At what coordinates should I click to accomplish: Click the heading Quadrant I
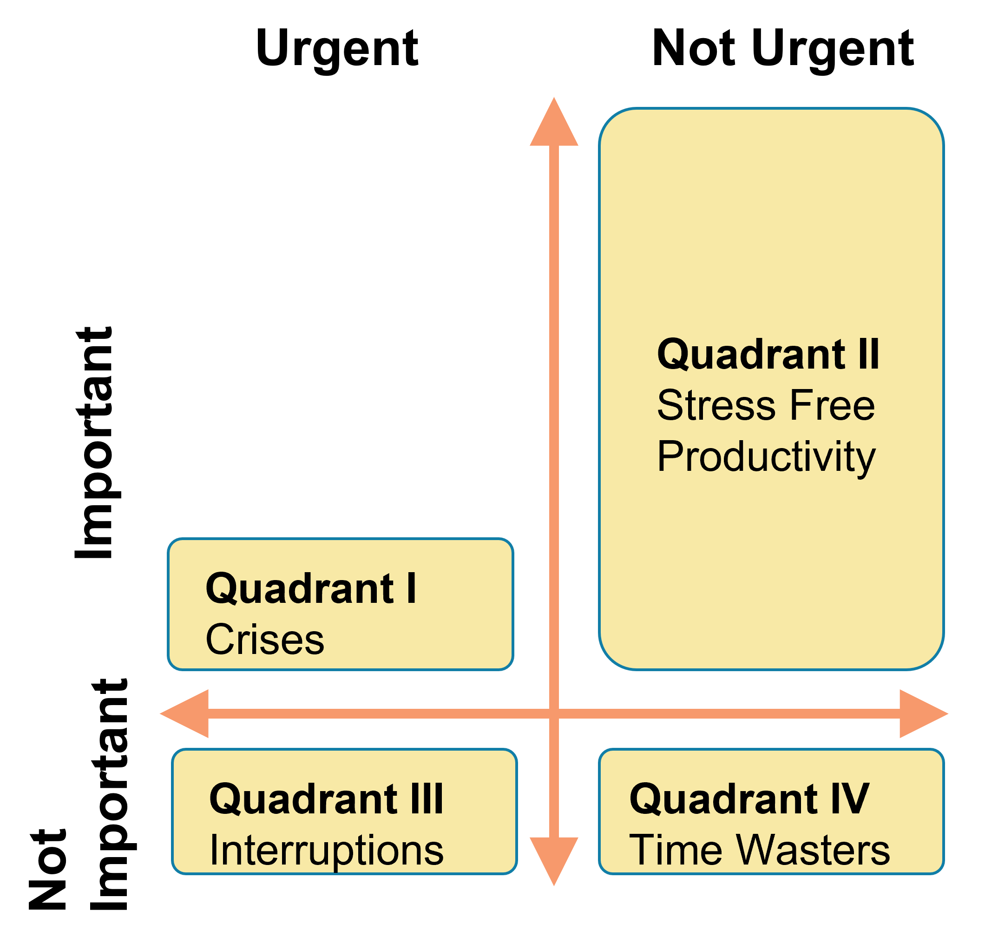coord(310,589)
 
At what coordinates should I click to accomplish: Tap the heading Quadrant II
coord(768,355)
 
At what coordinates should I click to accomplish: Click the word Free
coord(833,406)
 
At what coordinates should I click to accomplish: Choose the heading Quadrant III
coord(326,799)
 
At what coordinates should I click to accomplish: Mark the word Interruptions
coord(326,851)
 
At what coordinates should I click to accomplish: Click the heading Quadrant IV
coord(749,799)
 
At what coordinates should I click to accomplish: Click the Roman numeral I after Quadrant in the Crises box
coord(411,589)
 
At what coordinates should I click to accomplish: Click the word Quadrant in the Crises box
coord(299,589)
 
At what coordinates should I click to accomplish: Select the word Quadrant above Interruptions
coord(303,799)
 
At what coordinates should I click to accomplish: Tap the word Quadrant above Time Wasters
coord(723,799)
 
